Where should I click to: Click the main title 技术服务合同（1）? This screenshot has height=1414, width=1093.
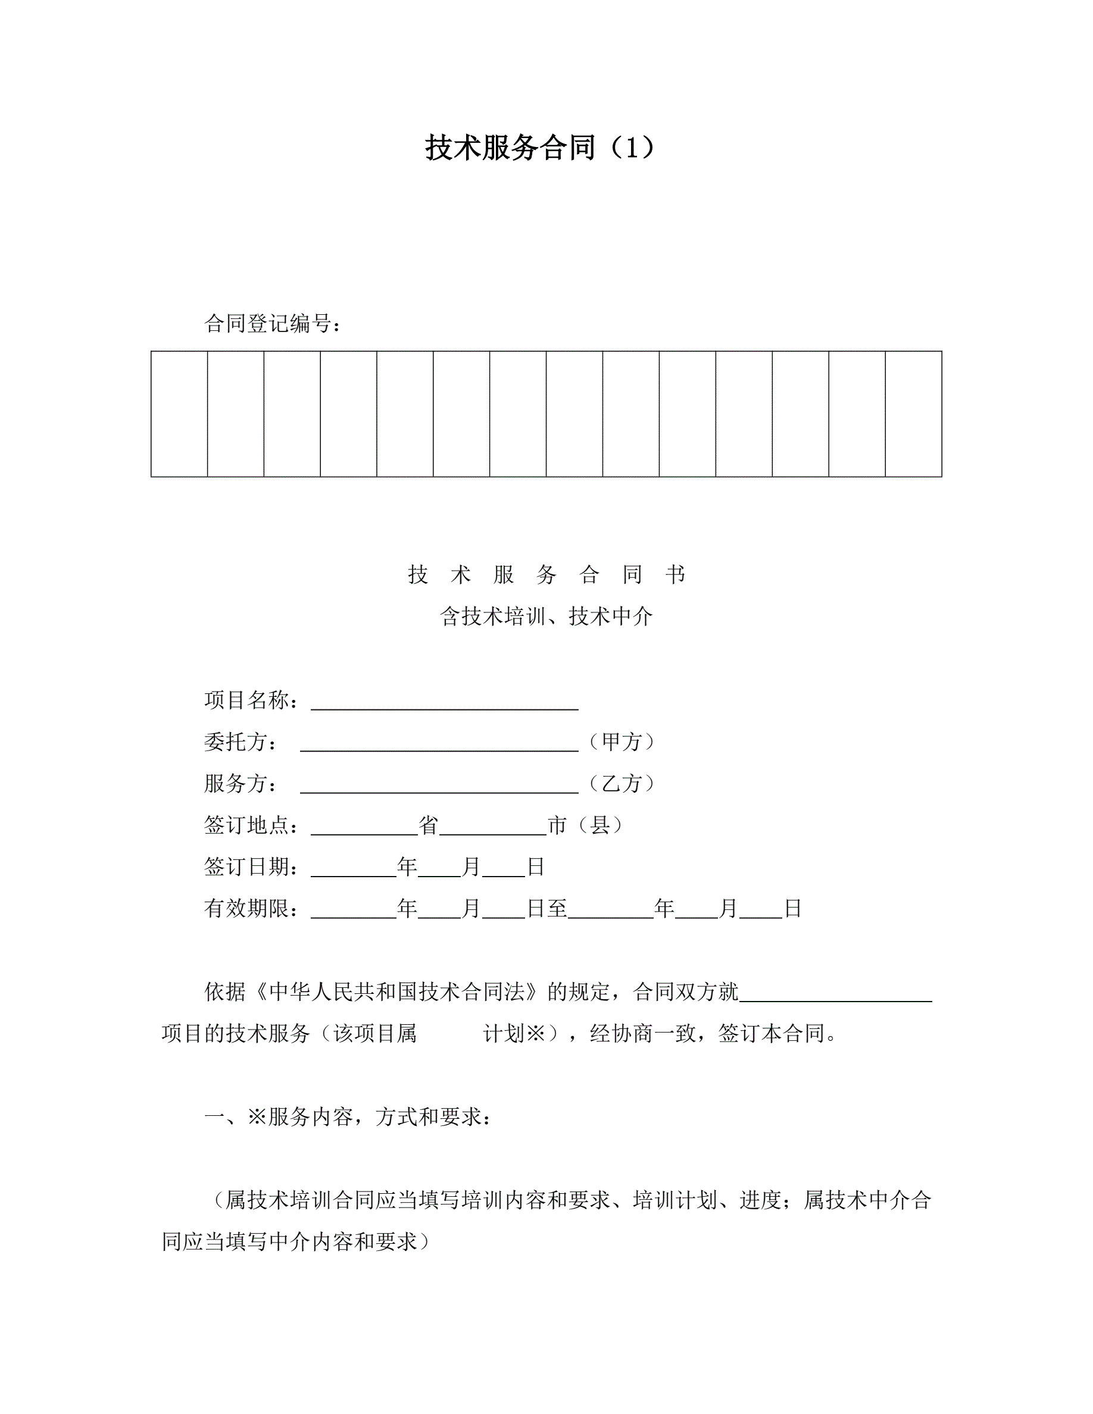point(539,148)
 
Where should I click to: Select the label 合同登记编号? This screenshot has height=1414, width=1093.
point(272,323)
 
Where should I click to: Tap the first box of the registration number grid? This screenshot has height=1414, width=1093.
point(179,414)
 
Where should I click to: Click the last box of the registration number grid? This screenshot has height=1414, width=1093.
point(913,414)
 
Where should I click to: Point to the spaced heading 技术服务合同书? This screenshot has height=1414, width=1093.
point(546,574)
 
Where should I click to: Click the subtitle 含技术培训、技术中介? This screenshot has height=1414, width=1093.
point(546,616)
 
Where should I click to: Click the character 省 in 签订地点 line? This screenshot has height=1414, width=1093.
point(428,825)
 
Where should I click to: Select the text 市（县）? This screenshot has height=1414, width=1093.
point(585,825)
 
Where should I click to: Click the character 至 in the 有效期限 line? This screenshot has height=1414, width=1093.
point(557,908)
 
